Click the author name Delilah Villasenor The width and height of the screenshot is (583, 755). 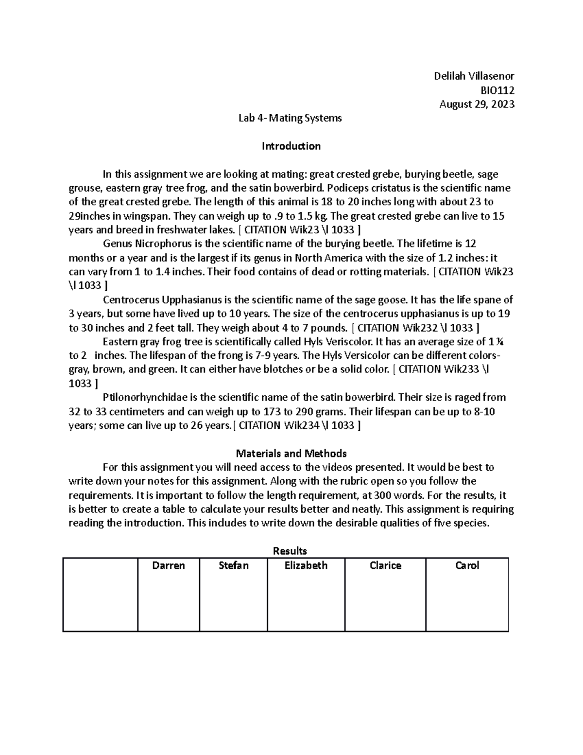474,76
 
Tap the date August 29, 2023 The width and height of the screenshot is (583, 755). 477,104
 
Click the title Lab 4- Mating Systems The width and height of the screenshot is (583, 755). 290,118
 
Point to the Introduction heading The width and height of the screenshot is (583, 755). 291,146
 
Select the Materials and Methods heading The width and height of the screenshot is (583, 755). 291,454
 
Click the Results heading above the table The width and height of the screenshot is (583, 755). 290,551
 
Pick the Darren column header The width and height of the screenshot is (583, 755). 169,565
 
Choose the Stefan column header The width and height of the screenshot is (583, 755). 233,565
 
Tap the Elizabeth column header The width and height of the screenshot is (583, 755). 306,565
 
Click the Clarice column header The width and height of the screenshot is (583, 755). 385,565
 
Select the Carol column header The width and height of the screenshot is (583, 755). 467,565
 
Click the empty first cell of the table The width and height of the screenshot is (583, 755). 100,594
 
